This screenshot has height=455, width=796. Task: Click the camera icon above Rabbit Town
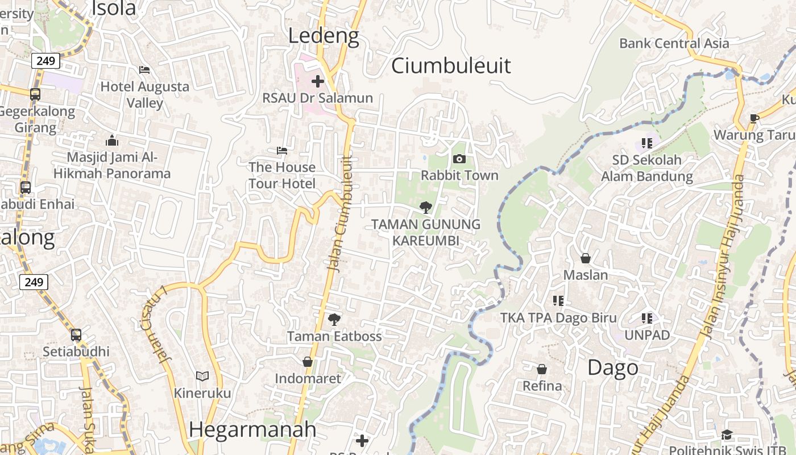point(459,159)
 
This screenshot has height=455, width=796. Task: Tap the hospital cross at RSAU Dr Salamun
point(318,81)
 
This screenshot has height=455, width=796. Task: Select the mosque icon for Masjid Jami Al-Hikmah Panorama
point(112,140)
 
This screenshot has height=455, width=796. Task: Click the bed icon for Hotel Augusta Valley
point(144,70)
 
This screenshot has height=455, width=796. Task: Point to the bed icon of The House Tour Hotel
point(281,151)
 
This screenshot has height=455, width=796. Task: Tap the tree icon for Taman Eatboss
point(334,320)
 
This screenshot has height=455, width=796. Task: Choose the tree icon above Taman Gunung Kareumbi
point(425,208)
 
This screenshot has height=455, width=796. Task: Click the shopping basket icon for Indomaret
point(308,362)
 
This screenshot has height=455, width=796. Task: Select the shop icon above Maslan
point(586,258)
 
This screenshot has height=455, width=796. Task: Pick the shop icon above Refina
point(542,369)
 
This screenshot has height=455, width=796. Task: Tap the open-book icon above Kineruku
point(202,376)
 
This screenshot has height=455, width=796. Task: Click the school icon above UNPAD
point(647,318)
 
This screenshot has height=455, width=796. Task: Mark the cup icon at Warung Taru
point(754,118)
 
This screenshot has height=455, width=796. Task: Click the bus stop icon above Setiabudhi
point(76,335)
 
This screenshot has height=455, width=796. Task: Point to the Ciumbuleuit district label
point(451,66)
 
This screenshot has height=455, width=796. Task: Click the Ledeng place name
point(324,36)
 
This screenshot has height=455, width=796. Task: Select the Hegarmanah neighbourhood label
point(252,429)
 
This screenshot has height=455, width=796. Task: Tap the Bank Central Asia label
point(674,43)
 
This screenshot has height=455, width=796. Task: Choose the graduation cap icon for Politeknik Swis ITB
point(727,435)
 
